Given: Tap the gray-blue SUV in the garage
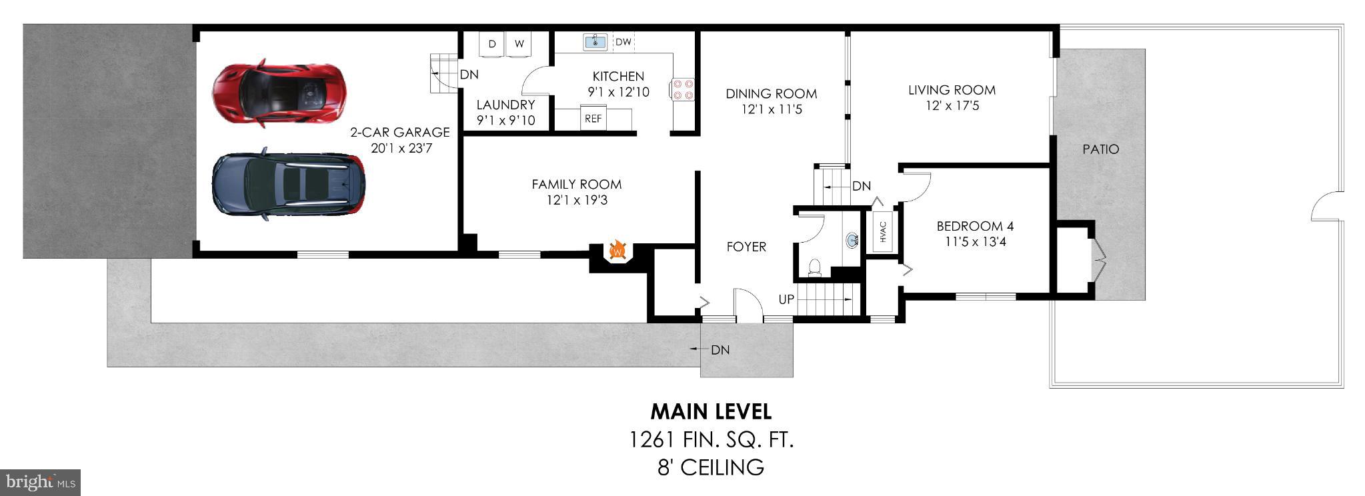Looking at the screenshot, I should point(288,184).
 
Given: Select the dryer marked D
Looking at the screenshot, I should point(492,44).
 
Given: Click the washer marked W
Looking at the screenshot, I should point(519,44).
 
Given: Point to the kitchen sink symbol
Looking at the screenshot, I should point(594,42).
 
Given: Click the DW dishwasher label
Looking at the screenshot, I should point(623,42).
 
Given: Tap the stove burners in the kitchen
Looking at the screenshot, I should point(683,89).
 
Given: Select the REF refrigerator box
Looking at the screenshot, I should point(593,119).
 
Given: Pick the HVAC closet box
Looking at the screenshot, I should point(883,231).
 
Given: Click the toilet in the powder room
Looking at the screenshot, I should point(814,267).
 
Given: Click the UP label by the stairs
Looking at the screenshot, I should point(786,299).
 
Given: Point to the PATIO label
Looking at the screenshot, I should point(1100,149).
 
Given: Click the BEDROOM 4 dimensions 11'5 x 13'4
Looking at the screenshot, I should point(975,242).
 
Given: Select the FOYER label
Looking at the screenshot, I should point(746,247).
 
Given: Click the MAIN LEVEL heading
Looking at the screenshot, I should point(711,411).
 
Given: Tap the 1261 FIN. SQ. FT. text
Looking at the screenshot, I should point(711,440).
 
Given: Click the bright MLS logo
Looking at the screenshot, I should point(40,481).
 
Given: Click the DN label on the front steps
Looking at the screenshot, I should point(720,350).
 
